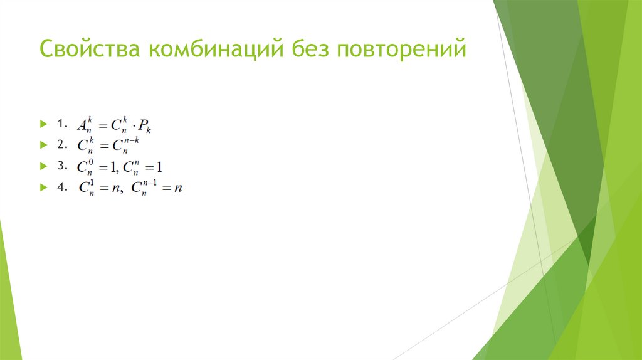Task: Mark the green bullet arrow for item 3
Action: click(x=43, y=166)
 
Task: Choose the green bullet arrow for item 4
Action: click(x=43, y=187)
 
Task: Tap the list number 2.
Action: click(x=60, y=145)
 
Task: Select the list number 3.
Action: click(x=60, y=166)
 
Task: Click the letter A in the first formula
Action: click(x=82, y=125)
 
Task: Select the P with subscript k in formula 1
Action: click(x=145, y=127)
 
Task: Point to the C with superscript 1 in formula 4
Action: click(x=85, y=188)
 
